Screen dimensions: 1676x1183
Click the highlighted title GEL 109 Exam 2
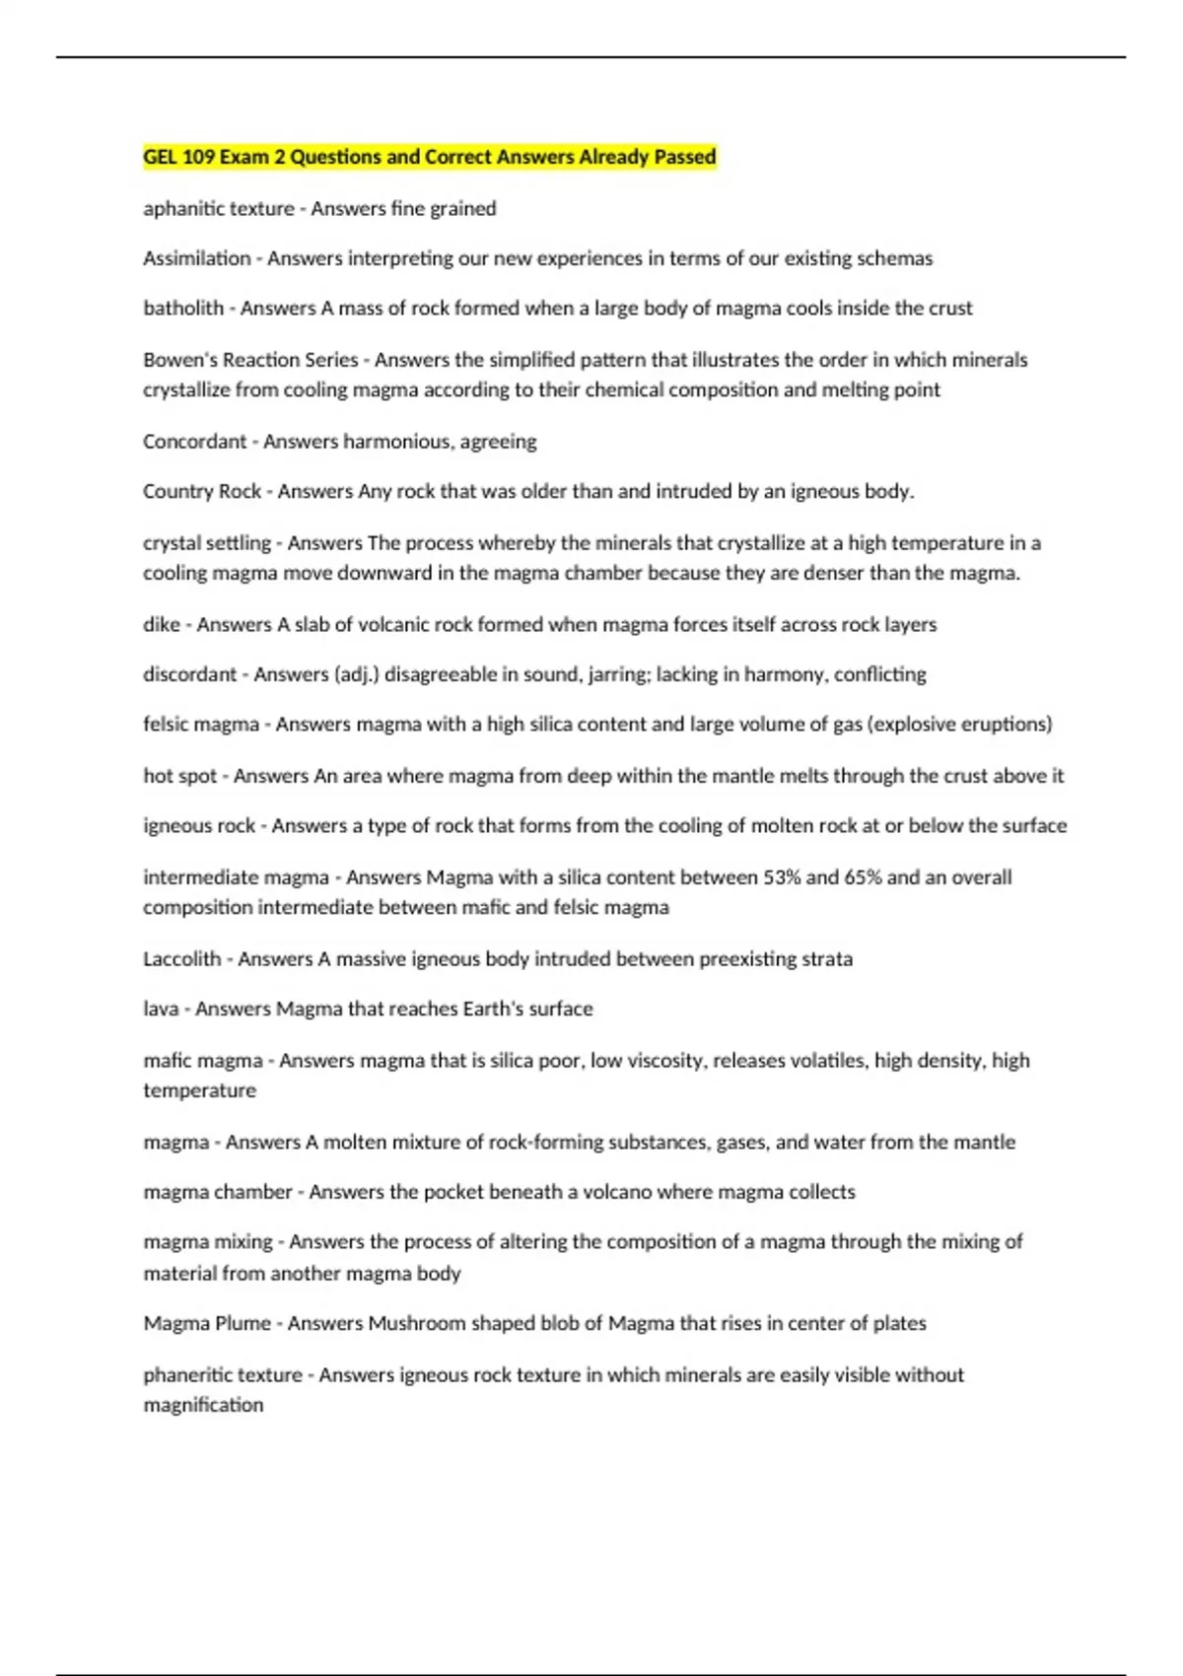pyautogui.click(x=429, y=157)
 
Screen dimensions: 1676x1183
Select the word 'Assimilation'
pyautogui.click(x=197, y=258)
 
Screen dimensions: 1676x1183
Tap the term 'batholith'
pyautogui.click(x=183, y=309)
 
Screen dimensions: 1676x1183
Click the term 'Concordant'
pyautogui.click(x=194, y=442)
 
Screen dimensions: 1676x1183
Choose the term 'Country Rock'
pyautogui.click(x=202, y=491)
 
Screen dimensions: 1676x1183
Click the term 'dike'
pyautogui.click(x=162, y=625)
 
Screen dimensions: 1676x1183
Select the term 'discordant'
pyautogui.click(x=190, y=674)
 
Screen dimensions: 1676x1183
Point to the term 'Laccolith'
pyautogui.click(x=181, y=959)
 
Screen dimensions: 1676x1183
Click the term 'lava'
pyautogui.click(x=161, y=1010)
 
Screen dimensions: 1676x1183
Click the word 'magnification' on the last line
pyautogui.click(x=203, y=1405)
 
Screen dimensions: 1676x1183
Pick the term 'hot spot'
pyautogui.click(x=179, y=776)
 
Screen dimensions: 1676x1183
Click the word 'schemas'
pyautogui.click(x=894, y=258)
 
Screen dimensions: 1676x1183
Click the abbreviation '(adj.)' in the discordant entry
pyautogui.click(x=355, y=674)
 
